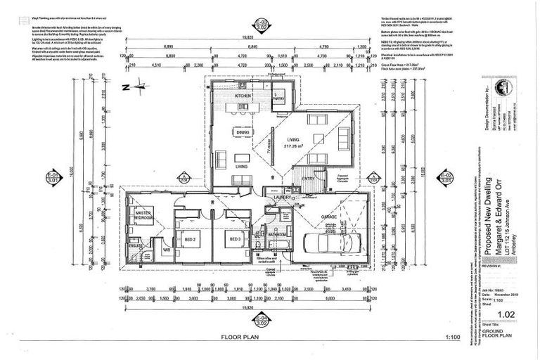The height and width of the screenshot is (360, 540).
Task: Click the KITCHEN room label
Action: point(243,95)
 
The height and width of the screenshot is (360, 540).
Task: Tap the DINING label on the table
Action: point(243,131)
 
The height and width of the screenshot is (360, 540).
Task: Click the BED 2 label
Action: point(189,239)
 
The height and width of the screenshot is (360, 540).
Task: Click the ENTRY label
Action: point(309,179)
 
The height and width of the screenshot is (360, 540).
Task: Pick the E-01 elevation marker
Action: point(51,176)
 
